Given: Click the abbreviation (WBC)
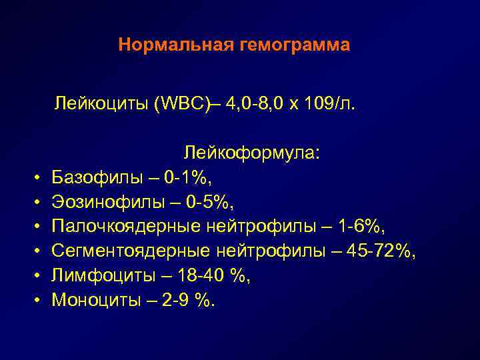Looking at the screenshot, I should [170, 103].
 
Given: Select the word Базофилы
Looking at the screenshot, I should [92, 178].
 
